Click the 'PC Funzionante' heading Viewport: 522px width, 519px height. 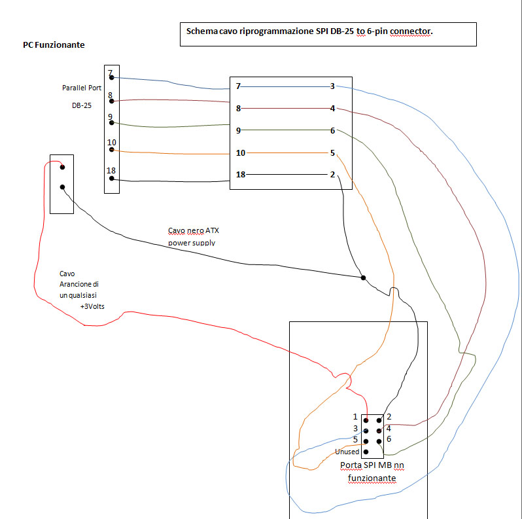(54, 45)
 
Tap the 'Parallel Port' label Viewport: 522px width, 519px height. (77, 88)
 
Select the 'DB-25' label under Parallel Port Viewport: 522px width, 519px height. (82, 105)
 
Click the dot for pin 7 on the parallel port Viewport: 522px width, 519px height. (112, 78)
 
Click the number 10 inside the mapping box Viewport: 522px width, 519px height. (240, 153)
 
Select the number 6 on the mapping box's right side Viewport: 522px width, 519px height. (332, 131)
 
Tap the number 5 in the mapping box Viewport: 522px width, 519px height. (332, 153)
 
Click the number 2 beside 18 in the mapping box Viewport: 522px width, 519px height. (332, 175)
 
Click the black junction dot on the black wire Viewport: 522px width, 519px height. (363, 277)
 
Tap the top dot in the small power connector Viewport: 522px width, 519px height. (61, 167)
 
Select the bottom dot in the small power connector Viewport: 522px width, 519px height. (61, 187)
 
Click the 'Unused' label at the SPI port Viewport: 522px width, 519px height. (347, 452)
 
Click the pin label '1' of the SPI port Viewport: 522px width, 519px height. (355, 417)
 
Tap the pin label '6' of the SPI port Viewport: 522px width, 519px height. (389, 439)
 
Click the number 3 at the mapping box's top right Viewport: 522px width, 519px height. (332, 86)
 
